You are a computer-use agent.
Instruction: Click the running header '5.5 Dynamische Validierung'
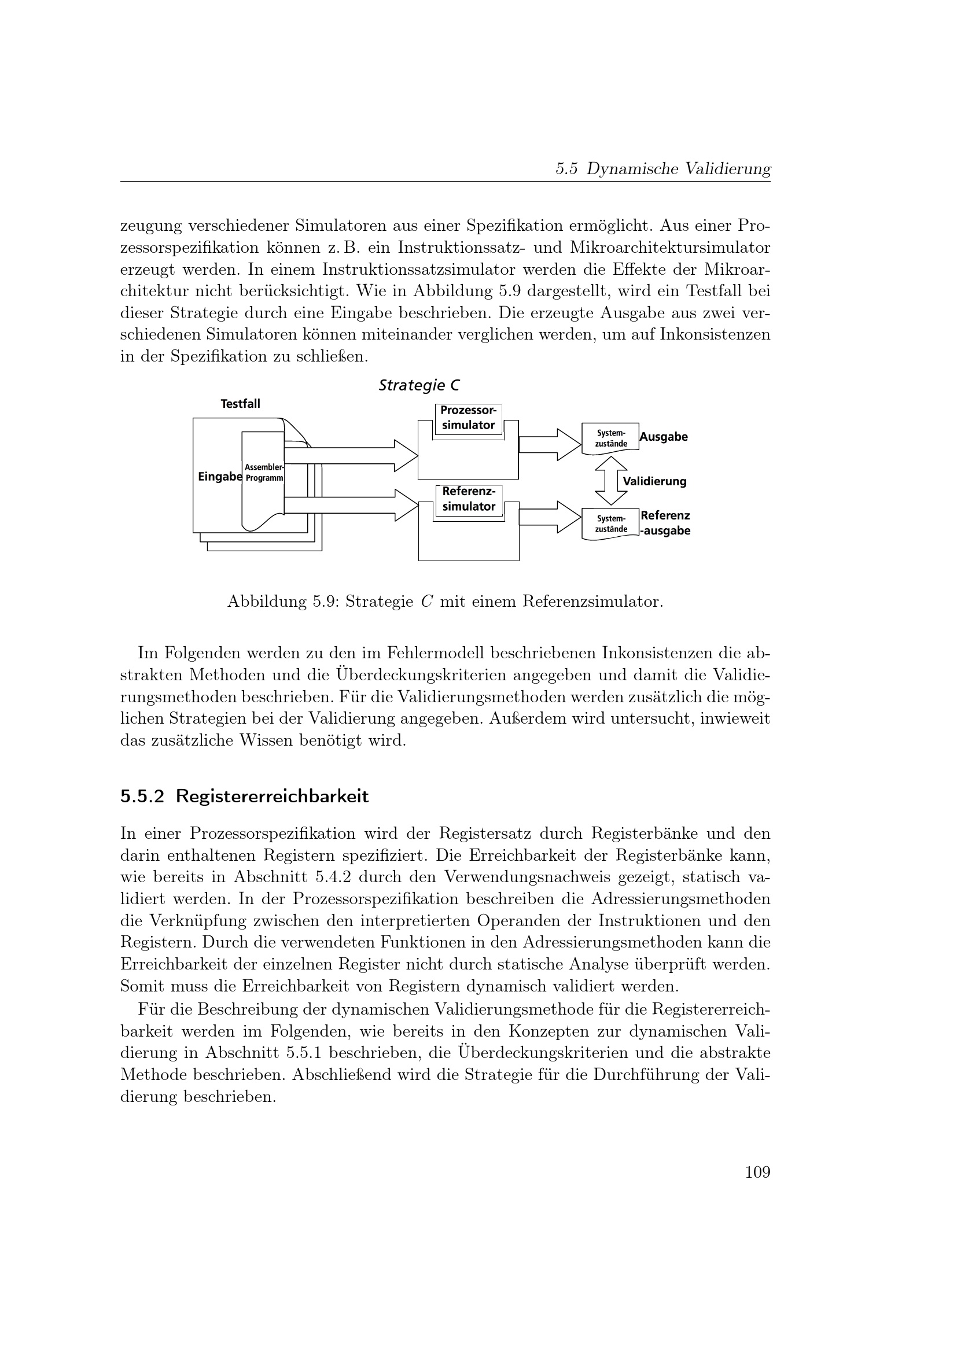(663, 169)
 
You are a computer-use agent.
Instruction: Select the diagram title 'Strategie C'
(419, 385)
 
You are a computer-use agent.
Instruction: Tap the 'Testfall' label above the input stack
(241, 404)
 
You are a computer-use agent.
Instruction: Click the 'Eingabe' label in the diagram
(220, 477)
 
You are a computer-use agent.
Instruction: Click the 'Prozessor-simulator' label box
(469, 418)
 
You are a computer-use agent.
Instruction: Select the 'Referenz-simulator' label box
(469, 499)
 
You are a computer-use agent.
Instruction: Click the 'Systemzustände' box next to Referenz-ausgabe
(610, 524)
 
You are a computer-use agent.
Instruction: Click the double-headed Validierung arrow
(611, 481)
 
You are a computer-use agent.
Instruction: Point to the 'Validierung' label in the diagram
(655, 481)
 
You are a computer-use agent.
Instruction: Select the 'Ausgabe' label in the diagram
(664, 437)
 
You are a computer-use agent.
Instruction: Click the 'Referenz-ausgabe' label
(665, 523)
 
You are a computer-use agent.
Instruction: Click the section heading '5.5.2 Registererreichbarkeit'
(245, 796)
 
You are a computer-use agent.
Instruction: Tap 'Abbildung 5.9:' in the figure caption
(283, 602)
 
